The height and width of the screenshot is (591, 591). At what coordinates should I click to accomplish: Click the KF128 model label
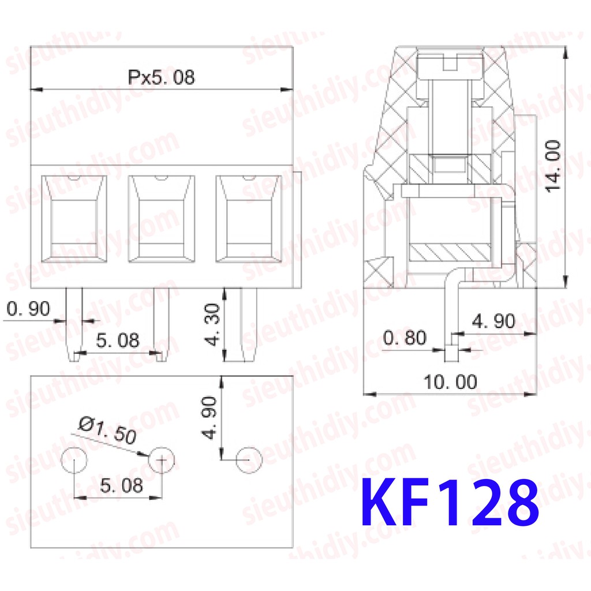point(450,502)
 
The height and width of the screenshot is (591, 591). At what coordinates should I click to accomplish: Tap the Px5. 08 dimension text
point(162,77)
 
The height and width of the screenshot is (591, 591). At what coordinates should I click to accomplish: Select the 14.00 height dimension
point(553,166)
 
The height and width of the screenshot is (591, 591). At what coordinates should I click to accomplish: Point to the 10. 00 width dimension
point(450,382)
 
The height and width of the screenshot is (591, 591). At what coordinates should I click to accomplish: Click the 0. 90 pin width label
point(28,309)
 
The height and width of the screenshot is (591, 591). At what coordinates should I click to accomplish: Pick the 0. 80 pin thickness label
point(405,337)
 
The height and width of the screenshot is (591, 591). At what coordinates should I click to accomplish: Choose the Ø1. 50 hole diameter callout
point(107,430)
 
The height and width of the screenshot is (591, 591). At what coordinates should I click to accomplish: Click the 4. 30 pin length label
point(212,324)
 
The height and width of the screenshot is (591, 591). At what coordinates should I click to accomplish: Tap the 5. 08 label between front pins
point(118,341)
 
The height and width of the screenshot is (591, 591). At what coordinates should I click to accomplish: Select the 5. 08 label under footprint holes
point(121,485)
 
